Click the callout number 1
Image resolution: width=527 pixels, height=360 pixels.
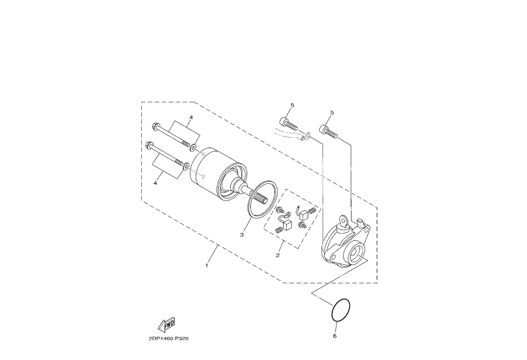pos(207,265)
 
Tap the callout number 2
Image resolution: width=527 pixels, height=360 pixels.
pos(278,255)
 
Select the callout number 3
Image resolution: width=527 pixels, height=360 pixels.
pos(242,235)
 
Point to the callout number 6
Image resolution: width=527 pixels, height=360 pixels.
pos(335,336)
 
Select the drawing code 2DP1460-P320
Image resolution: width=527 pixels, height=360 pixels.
pos(169,338)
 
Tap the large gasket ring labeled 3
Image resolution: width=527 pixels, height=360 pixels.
pos(250,201)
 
